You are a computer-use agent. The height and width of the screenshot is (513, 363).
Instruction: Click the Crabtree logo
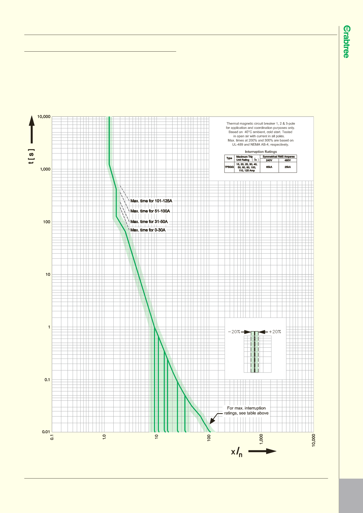click(346, 42)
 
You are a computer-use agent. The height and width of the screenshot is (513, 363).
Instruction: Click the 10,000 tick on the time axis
click(44, 117)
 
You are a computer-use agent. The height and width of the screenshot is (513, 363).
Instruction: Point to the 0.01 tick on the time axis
click(46, 432)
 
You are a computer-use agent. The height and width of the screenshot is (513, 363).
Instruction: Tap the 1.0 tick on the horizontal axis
click(104, 437)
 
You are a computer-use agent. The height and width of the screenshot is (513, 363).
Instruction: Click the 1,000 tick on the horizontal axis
click(261, 439)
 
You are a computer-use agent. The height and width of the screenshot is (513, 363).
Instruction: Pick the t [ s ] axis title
click(31, 156)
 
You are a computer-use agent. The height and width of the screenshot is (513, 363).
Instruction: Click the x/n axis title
click(237, 452)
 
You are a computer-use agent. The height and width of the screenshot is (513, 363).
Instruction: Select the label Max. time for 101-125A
click(151, 201)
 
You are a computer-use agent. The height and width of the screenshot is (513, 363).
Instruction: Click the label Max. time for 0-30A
click(148, 230)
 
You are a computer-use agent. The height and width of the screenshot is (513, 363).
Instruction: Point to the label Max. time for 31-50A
click(149, 221)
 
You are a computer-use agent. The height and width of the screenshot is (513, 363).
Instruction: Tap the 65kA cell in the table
click(269, 167)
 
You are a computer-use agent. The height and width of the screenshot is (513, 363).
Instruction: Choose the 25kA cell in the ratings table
click(288, 167)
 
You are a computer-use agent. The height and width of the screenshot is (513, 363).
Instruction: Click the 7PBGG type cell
click(229, 167)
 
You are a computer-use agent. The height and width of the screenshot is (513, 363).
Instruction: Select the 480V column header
click(288, 160)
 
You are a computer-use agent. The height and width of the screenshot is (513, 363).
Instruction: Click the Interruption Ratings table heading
click(261, 152)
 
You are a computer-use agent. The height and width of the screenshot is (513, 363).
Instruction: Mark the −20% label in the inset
click(234, 332)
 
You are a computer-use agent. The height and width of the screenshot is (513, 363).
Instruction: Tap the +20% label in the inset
click(275, 332)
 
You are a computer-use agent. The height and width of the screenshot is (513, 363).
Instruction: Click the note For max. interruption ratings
click(246, 411)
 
